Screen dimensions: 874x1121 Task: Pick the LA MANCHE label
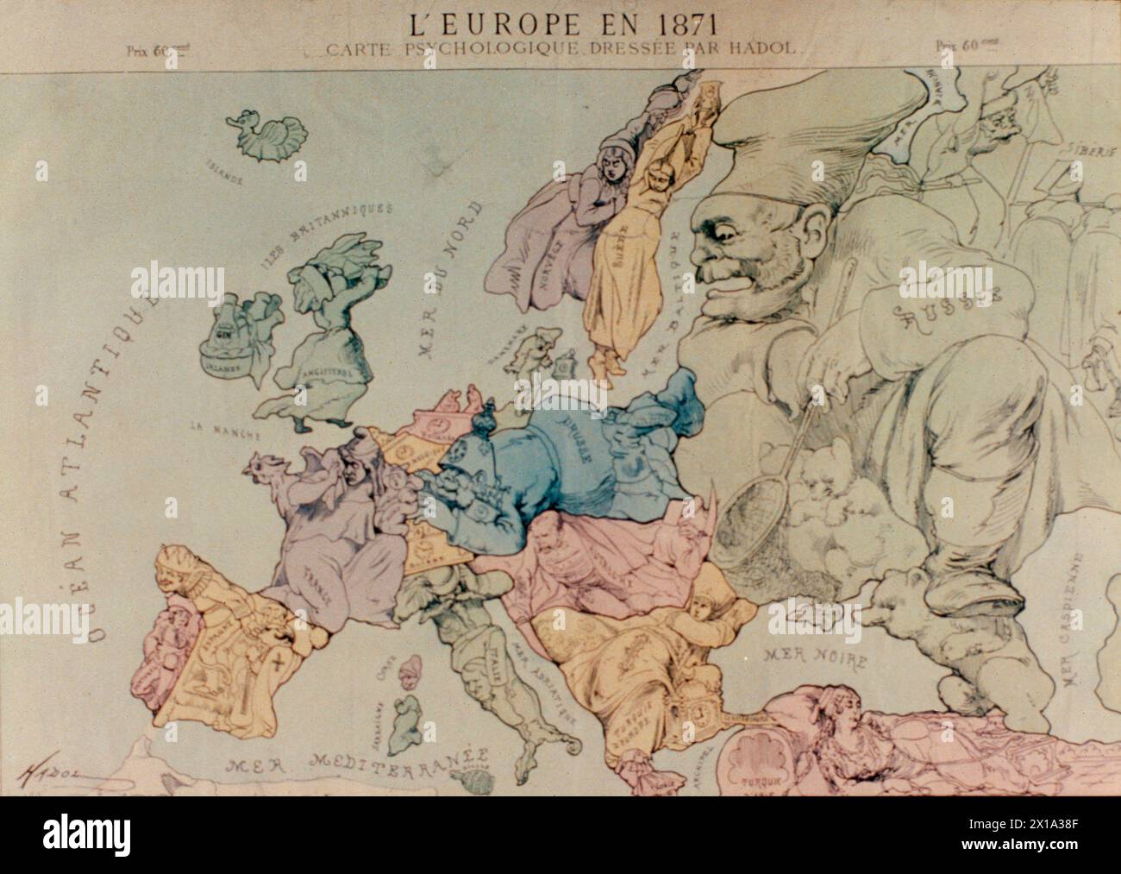tap(211, 424)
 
